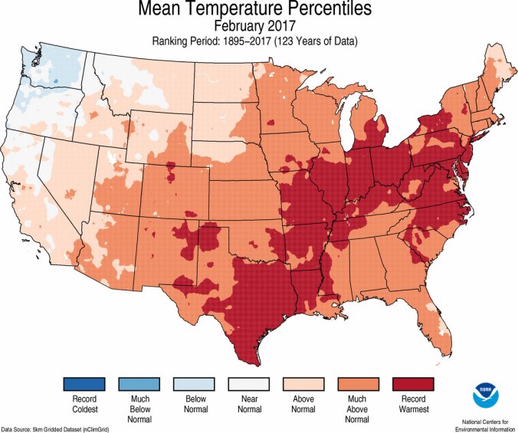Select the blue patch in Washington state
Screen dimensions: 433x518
(54, 79)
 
